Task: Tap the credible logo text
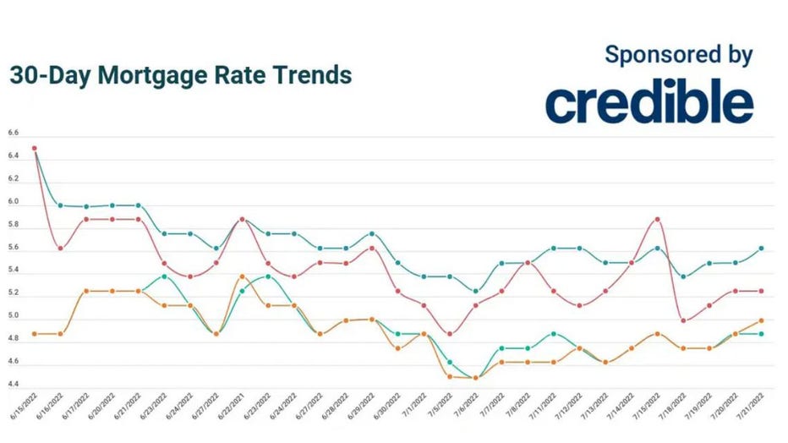coord(648,102)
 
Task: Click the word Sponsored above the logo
coord(654,55)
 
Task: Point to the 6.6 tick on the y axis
coord(14,134)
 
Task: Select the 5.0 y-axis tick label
coord(14,316)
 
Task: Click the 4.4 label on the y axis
coord(14,385)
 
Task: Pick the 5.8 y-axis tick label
coord(14,225)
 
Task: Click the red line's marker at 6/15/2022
coord(35,148)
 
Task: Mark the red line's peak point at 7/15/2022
coord(657,220)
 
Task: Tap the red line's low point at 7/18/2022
coord(683,320)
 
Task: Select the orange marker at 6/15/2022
coord(35,334)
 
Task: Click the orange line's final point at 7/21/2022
coord(761,320)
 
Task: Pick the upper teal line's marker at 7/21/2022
coord(761,248)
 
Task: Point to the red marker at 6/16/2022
coord(60,248)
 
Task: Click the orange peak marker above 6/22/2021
coord(243,276)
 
